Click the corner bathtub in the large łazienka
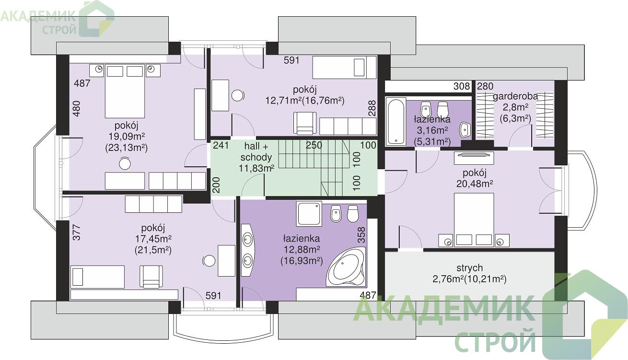pyautogui.click(x=346, y=267)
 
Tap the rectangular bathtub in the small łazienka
pyautogui.click(x=395, y=121)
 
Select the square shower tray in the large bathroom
pyautogui.click(x=309, y=214)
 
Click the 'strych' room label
pyautogui.click(x=470, y=268)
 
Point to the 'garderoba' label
pyautogui.click(x=515, y=96)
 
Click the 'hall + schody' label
pyautogui.click(x=256, y=151)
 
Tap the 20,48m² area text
pyautogui.click(x=475, y=184)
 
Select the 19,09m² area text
pyautogui.click(x=127, y=137)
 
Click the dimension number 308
pyautogui.click(x=462, y=86)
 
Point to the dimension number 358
pyautogui.click(x=361, y=235)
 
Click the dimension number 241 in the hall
pyautogui.click(x=221, y=145)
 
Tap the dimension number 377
pyautogui.click(x=77, y=232)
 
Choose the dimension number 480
pyautogui.click(x=77, y=108)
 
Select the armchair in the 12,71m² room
pyautogui.click(x=305, y=123)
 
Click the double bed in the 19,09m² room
pyautogui.click(x=125, y=91)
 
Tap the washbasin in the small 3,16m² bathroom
pyautogui.click(x=465, y=130)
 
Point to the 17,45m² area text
pyautogui.click(x=153, y=239)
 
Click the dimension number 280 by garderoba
pyautogui.click(x=485, y=86)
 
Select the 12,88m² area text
pyautogui.click(x=302, y=250)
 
